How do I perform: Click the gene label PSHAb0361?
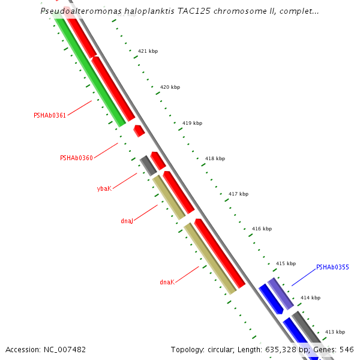click(x=49, y=115)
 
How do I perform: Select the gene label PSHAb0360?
click(x=76, y=158)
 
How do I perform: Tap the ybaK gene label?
click(x=104, y=188)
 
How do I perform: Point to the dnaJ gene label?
click(x=126, y=221)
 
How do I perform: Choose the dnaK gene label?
click(x=167, y=282)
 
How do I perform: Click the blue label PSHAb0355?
click(x=332, y=267)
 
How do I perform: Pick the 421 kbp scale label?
click(x=148, y=52)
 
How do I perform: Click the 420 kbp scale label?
click(x=170, y=87)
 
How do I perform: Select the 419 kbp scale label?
click(x=192, y=123)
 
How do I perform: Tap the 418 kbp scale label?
click(x=215, y=158)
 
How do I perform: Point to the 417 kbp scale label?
click(x=238, y=194)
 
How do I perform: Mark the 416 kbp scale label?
click(x=262, y=229)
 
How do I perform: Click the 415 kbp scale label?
click(x=286, y=263)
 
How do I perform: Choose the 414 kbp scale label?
click(x=310, y=298)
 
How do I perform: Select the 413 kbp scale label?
click(x=335, y=332)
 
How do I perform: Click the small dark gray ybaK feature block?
click(x=148, y=166)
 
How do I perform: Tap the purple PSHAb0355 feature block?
click(x=280, y=293)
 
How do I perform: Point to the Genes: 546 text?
click(x=340, y=349)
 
